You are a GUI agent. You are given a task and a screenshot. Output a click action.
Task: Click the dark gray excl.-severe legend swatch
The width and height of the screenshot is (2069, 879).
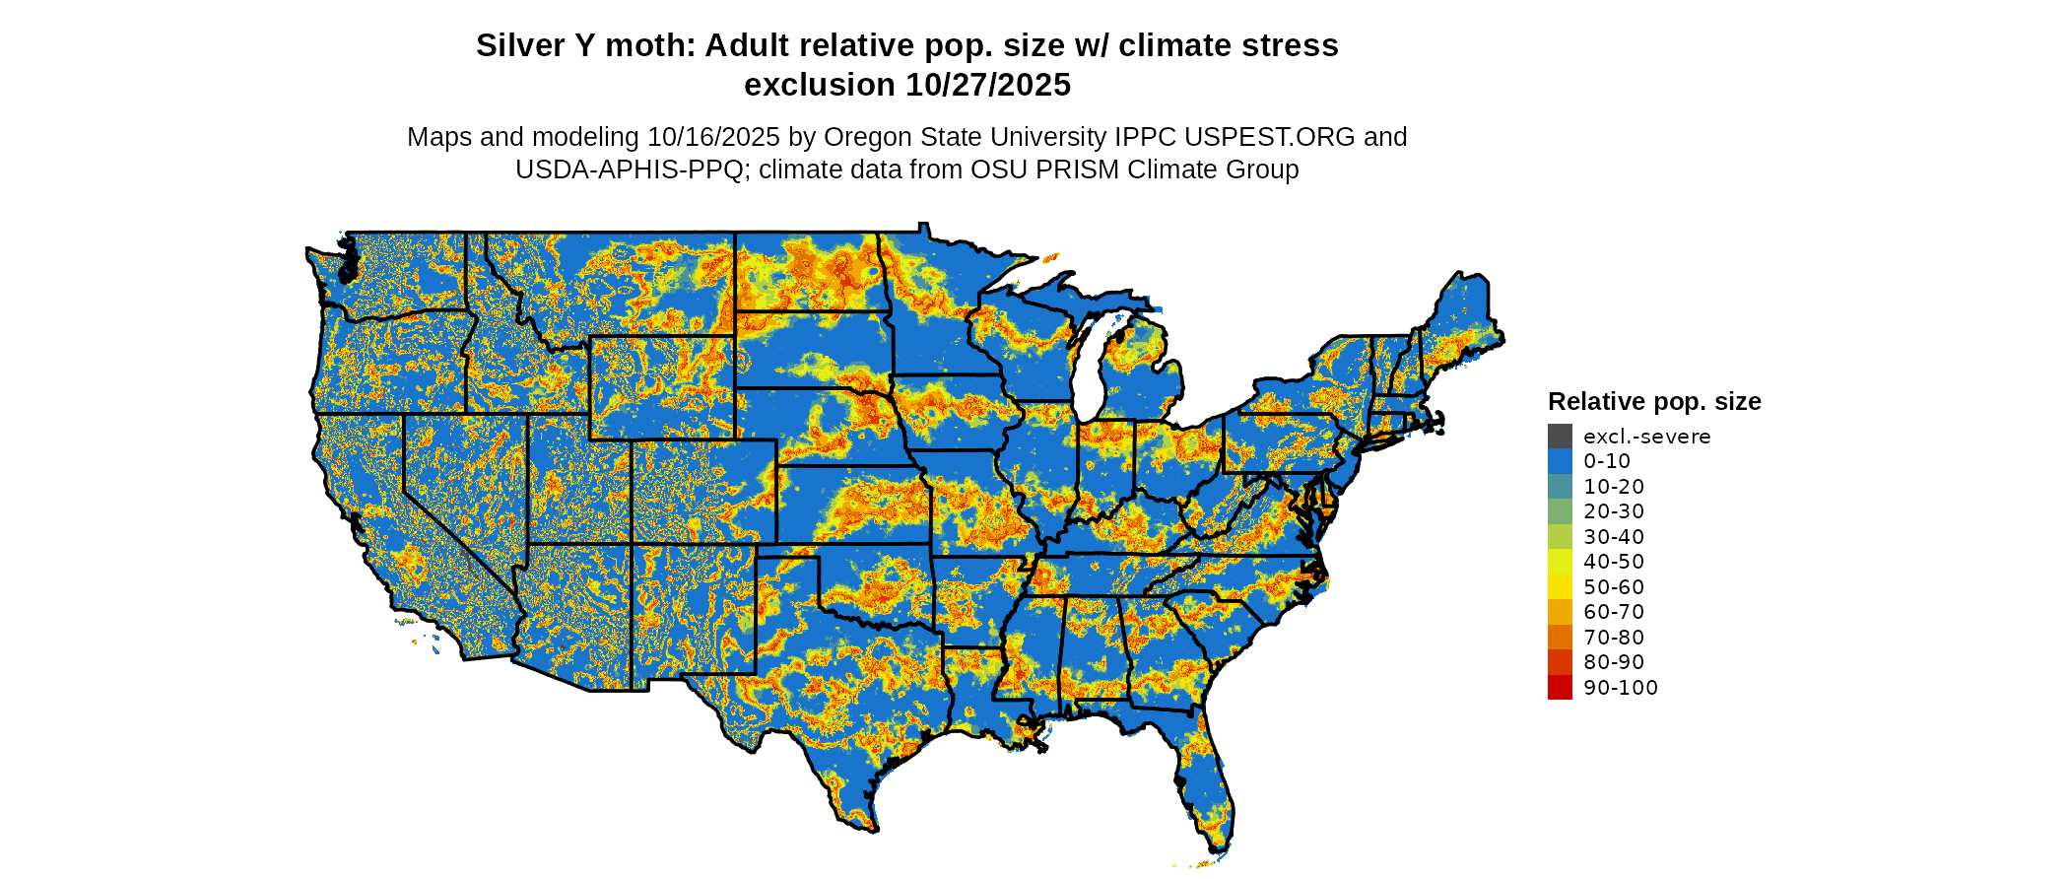(1560, 437)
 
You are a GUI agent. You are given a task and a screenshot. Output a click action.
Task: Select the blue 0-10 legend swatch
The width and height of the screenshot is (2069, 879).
(1560, 461)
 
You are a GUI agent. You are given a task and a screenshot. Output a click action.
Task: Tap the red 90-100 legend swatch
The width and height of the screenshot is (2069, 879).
(1560, 688)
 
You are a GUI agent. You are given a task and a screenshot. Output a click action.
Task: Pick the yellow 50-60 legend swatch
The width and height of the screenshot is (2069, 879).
(1560, 587)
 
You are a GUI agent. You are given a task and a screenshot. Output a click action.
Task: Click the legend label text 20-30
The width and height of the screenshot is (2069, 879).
(1614, 511)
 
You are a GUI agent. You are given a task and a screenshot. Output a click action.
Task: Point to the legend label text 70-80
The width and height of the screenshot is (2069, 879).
(1614, 638)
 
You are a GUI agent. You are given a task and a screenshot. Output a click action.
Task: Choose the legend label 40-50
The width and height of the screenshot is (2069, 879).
(1614, 562)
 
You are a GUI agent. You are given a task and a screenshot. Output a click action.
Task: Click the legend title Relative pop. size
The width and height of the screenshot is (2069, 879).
(1654, 402)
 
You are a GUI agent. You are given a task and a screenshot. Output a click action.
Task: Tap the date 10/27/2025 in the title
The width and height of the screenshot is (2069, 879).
(988, 86)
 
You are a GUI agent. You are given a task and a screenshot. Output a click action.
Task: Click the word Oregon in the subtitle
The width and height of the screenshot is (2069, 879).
(868, 137)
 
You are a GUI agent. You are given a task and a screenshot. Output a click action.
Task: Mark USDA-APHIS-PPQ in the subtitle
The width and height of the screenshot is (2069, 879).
(630, 170)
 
